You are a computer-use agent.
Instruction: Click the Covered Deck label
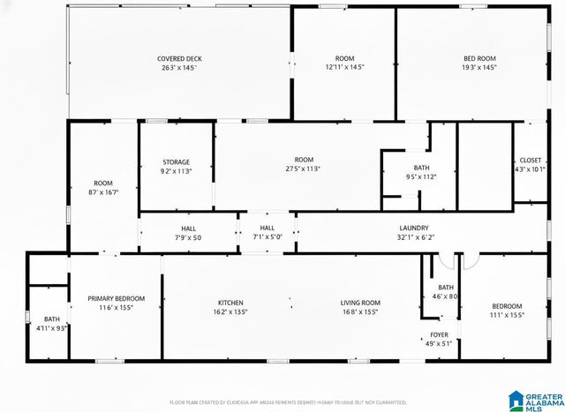(x=179, y=58)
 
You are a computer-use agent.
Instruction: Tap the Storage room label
(x=176, y=162)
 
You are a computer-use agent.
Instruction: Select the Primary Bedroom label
(x=116, y=299)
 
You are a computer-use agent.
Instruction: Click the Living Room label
(x=360, y=303)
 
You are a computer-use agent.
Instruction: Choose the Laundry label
(x=413, y=228)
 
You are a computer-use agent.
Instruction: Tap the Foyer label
(x=439, y=334)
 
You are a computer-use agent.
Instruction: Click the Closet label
(x=530, y=161)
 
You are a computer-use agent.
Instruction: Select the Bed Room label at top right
(x=480, y=58)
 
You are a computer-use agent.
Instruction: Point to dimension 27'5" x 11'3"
(x=303, y=169)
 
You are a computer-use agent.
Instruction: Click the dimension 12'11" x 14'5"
(x=344, y=67)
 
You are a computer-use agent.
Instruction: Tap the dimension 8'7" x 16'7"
(x=103, y=191)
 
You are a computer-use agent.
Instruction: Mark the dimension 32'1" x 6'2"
(x=413, y=237)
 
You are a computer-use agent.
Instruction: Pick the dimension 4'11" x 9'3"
(x=52, y=328)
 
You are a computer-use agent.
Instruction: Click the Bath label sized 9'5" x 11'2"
(x=421, y=167)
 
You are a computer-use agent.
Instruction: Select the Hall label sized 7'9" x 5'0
(x=189, y=228)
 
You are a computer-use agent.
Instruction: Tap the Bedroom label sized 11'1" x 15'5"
(x=507, y=305)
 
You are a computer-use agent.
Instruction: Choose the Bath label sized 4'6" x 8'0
(x=445, y=287)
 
